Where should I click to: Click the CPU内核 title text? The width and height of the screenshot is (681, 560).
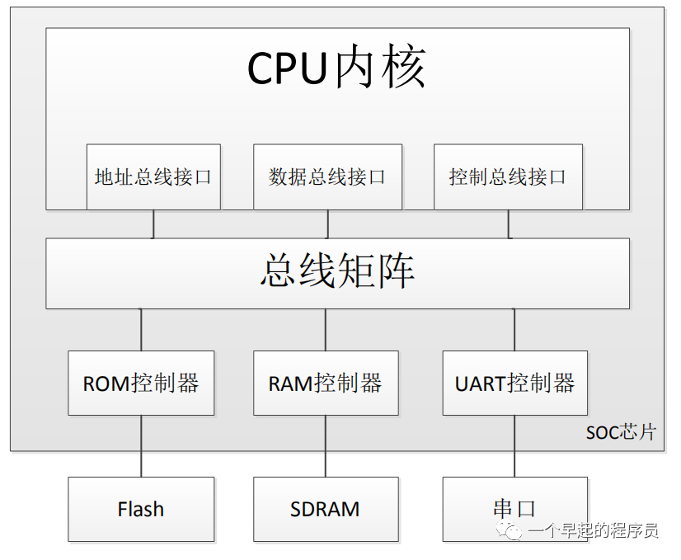[x=336, y=68]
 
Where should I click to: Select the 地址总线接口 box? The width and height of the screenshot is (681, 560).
[x=153, y=176]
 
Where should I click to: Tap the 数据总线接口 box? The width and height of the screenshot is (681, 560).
[x=327, y=176]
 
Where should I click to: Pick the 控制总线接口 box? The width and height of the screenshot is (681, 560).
[x=508, y=176]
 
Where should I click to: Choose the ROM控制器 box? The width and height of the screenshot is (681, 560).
[x=141, y=384]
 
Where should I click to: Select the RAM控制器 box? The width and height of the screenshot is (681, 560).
[x=326, y=384]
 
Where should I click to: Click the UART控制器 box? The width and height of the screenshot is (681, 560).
[x=515, y=384]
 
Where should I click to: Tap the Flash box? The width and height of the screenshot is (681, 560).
[x=141, y=509]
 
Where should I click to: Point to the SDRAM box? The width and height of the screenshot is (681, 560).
[x=326, y=509]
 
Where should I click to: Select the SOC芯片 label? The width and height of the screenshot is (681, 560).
[x=621, y=432]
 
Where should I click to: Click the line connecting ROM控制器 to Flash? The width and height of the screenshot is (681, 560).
[x=141, y=445]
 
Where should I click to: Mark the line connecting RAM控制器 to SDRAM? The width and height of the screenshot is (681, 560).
[x=326, y=445]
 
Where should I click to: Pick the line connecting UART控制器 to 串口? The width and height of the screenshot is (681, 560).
[x=515, y=445]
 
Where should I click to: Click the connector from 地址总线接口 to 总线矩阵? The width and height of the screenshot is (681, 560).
[x=153, y=224]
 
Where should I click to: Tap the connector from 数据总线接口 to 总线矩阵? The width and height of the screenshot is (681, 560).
[x=328, y=224]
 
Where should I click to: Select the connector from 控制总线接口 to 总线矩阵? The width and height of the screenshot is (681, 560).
[x=508, y=224]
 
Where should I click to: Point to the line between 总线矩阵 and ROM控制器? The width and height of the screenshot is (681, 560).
[x=141, y=330]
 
